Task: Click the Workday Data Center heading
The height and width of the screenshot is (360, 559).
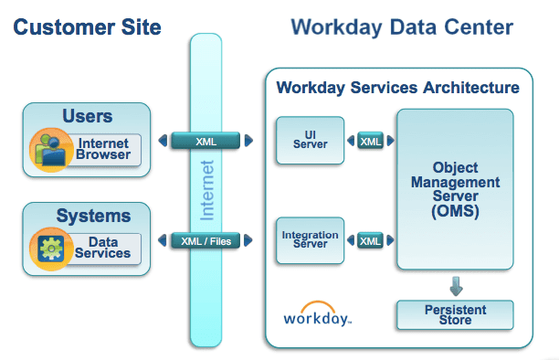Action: click(401, 27)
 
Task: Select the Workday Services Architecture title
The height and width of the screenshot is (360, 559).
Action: click(397, 88)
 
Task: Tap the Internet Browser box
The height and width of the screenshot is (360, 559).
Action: click(103, 150)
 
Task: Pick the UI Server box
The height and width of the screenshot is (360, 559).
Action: click(309, 141)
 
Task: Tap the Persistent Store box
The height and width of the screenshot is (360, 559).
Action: click(454, 314)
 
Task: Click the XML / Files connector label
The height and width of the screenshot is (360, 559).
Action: click(206, 241)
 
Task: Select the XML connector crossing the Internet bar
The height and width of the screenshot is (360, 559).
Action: click(206, 141)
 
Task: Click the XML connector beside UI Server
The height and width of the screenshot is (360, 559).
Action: click(370, 142)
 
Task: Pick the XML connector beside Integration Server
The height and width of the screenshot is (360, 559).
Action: click(370, 241)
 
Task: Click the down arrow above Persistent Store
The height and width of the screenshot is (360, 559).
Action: click(454, 282)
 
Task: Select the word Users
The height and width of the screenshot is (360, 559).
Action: click(88, 116)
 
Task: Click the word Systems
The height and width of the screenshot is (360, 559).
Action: click(93, 217)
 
